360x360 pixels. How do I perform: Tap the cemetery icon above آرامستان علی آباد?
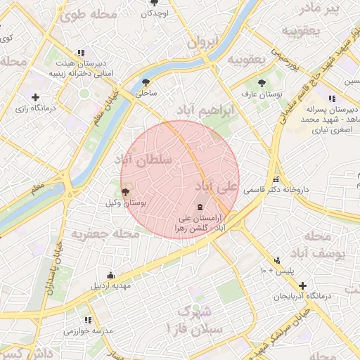point(200,207)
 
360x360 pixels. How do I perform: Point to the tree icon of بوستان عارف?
point(262,83)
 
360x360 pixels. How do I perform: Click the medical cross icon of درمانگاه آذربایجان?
point(302,285)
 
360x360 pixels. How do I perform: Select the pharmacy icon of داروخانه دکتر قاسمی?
point(276,179)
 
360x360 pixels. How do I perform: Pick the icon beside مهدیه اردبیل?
point(110,275)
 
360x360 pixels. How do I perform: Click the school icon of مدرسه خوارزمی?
point(88,320)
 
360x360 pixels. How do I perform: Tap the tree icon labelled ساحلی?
point(146,82)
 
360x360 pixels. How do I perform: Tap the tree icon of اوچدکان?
point(154,3)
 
